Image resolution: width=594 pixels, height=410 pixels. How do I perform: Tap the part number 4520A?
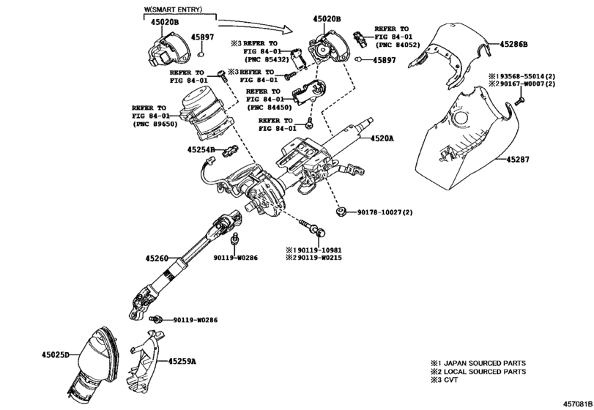pyautogui.click(x=382, y=138)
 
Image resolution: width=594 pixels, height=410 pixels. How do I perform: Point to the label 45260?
pyautogui.click(x=157, y=258)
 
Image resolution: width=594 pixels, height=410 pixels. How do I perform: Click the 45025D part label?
pyautogui.click(x=55, y=355)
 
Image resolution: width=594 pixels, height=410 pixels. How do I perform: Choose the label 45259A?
pyautogui.click(x=182, y=361)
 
